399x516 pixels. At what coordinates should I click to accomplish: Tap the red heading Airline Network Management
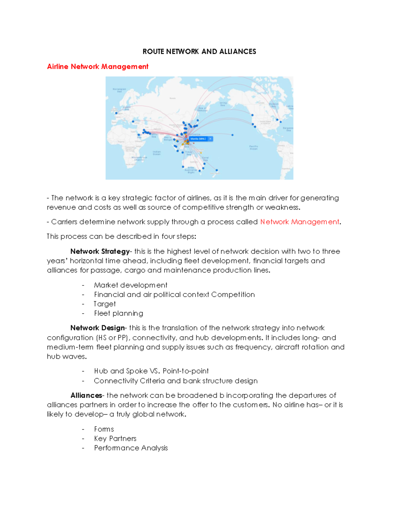[97, 66]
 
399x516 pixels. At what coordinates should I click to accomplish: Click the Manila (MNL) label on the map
[198, 139]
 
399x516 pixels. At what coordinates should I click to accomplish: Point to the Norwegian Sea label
[119, 90]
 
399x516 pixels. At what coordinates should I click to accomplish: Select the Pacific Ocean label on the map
[253, 147]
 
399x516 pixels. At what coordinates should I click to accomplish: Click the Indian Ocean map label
[157, 153]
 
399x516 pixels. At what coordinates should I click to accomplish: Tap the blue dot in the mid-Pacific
[232, 135]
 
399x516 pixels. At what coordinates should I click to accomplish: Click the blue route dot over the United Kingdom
[116, 113]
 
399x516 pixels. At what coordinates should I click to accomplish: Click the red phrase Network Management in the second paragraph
[299, 222]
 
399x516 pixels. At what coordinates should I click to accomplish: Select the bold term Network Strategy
[100, 251]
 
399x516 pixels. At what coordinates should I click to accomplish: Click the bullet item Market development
[130, 285]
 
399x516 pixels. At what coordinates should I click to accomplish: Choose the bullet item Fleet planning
[118, 313]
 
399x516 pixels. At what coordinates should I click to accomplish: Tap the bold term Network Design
[97, 328]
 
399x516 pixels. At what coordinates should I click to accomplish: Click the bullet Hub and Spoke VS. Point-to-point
[151, 371]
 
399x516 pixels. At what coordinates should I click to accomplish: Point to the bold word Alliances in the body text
[86, 395]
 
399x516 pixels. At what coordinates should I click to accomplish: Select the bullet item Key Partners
[115, 439]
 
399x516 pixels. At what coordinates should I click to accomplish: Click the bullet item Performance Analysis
[131, 448]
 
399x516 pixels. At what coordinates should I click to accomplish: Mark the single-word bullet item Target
[105, 304]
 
